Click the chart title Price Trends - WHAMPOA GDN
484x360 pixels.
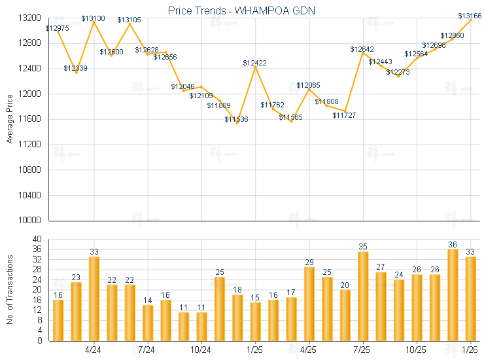(242, 10)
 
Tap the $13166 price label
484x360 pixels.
(469, 16)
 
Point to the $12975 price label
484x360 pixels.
(58, 28)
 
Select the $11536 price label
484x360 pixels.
(237, 119)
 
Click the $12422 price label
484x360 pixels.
(254, 63)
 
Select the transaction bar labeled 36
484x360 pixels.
(453, 295)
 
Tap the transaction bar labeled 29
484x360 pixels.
(309, 304)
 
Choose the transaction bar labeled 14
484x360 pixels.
(148, 323)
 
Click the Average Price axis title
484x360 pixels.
(10, 119)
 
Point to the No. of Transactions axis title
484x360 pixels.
(10, 290)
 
